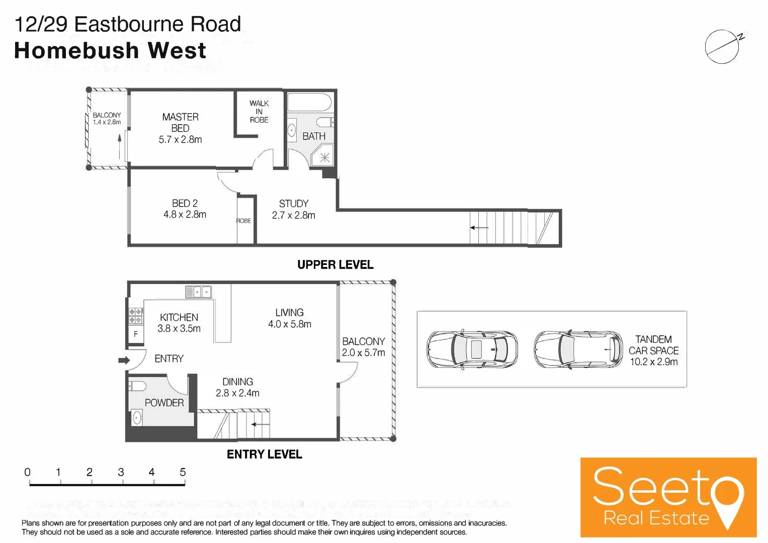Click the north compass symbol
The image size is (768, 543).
(x=723, y=47)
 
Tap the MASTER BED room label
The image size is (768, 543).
(x=180, y=123)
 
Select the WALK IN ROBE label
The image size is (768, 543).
(x=259, y=112)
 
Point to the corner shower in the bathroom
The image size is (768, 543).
(x=324, y=156)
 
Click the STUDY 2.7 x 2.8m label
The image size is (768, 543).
(x=294, y=210)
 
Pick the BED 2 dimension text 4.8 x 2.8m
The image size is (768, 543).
(x=185, y=215)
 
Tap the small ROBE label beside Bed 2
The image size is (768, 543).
(x=244, y=221)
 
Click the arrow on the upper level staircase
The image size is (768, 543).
(x=479, y=228)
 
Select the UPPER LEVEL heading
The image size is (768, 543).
(x=335, y=265)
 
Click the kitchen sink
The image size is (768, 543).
(x=199, y=292)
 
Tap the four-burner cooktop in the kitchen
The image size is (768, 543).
(x=135, y=316)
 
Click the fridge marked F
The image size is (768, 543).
(x=135, y=334)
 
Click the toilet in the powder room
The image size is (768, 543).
(x=137, y=386)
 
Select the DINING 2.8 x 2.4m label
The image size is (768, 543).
(x=237, y=388)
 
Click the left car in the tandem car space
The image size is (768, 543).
(x=472, y=349)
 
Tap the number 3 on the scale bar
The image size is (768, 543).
(x=121, y=472)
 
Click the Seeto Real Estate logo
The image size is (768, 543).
(x=668, y=497)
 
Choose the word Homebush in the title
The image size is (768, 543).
(x=76, y=51)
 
